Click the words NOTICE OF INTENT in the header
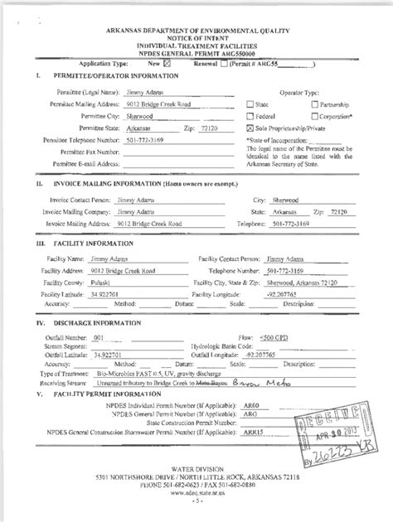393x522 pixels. (197, 36)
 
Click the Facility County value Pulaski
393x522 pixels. (100, 283)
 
